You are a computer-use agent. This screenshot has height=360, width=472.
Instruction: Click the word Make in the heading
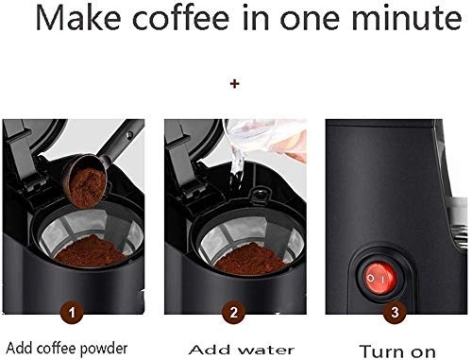click(78, 17)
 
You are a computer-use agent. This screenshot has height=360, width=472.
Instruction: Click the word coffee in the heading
click(181, 17)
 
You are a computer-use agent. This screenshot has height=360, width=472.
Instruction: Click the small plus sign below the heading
click(234, 84)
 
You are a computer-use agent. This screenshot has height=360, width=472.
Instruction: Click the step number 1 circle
click(72, 313)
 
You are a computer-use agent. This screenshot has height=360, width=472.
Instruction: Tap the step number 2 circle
click(233, 313)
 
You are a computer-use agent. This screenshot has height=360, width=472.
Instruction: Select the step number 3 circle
click(395, 313)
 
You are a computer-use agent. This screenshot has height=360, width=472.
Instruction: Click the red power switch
click(379, 279)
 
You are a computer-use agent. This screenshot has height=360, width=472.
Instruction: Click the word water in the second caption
click(266, 350)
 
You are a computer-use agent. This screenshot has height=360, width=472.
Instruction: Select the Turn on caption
click(397, 351)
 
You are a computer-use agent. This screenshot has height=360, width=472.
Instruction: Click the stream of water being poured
click(236, 167)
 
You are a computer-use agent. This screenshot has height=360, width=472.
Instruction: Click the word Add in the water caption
click(209, 350)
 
